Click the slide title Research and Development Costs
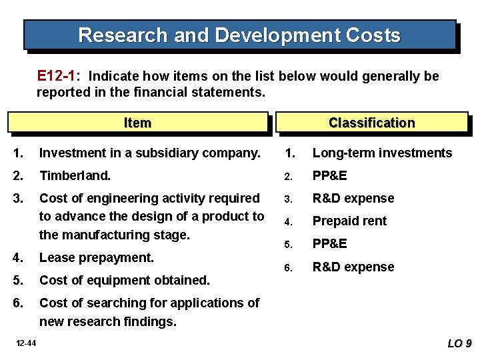pyautogui.click(x=239, y=35)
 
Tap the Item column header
pyautogui.click(x=137, y=123)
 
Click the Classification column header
pyautogui.click(x=371, y=123)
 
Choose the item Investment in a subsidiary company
pyautogui.click(x=149, y=153)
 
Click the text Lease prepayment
pyautogui.click(x=97, y=257)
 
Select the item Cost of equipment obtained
pyautogui.click(x=125, y=280)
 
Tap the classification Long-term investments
pyautogui.click(x=382, y=153)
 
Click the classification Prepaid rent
pyautogui.click(x=349, y=221)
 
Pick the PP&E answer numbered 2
pyautogui.click(x=330, y=175)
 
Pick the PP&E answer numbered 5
pyautogui.click(x=330, y=244)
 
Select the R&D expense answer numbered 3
pyautogui.click(x=353, y=198)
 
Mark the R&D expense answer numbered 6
pyautogui.click(x=353, y=267)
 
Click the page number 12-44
pyautogui.click(x=27, y=343)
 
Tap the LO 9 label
pyautogui.click(x=459, y=343)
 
